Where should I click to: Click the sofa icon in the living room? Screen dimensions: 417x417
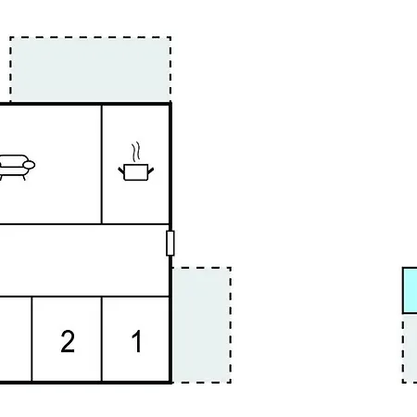coord(16,167)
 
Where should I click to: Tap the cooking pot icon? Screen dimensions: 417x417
coord(136,171)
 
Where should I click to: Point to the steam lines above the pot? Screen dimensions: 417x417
coord(136,151)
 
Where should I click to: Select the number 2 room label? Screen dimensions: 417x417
coord(68,341)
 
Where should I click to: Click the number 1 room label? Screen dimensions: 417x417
coord(137,341)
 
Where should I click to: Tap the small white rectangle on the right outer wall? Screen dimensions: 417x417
coord(171,243)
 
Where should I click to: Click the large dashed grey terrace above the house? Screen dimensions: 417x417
coord(91,69)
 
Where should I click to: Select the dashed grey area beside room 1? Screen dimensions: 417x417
coord(202,325)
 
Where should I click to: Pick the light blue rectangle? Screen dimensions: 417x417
coord(410,290)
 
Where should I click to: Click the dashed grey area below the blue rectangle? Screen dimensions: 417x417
coord(410,348)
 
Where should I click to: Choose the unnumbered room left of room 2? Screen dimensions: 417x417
coord(16,339)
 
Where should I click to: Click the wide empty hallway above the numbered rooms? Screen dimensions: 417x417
coord(84,260)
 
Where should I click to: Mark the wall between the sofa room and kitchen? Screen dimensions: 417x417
coord(101,164)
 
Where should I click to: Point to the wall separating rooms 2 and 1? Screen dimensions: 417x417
coord(101,339)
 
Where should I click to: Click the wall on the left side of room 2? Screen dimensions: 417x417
coord(32,339)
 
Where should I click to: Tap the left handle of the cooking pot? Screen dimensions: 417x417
coord(121,170)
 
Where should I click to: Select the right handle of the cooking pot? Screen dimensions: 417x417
coord(151,171)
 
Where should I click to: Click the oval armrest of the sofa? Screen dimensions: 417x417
coord(29,165)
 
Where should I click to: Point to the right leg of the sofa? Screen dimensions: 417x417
coord(24,178)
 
